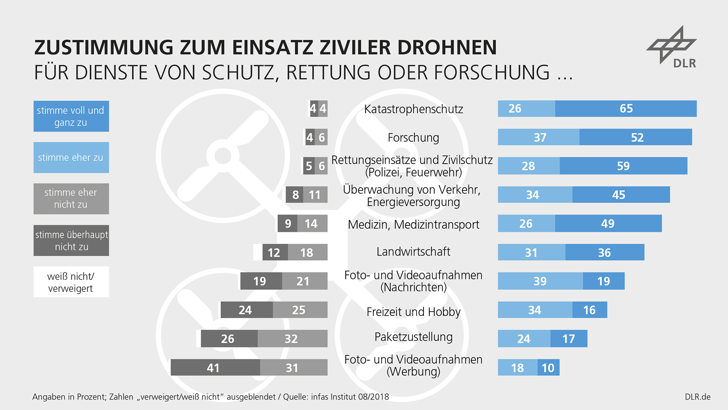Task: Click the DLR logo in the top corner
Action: coord(672,47)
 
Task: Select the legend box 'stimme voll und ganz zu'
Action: coord(71,116)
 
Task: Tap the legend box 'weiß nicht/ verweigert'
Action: coord(71,282)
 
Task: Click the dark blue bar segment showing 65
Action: coord(626,109)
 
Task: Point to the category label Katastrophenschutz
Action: coord(413,109)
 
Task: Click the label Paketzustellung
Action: coord(413,337)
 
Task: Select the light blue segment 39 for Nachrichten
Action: coord(540,281)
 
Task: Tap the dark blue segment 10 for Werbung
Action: coord(548,367)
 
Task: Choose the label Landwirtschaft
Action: coord(413,252)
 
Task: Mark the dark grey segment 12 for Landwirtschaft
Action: coord(275,252)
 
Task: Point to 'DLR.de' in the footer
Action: coord(697,397)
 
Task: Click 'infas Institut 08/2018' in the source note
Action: coord(350,397)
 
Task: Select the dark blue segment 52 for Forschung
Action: coord(635,137)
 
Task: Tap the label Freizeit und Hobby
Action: coord(413,312)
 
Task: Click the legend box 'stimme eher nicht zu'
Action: coord(71,199)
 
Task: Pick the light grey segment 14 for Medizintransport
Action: coord(312,224)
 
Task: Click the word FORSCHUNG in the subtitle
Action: coord(491,73)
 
